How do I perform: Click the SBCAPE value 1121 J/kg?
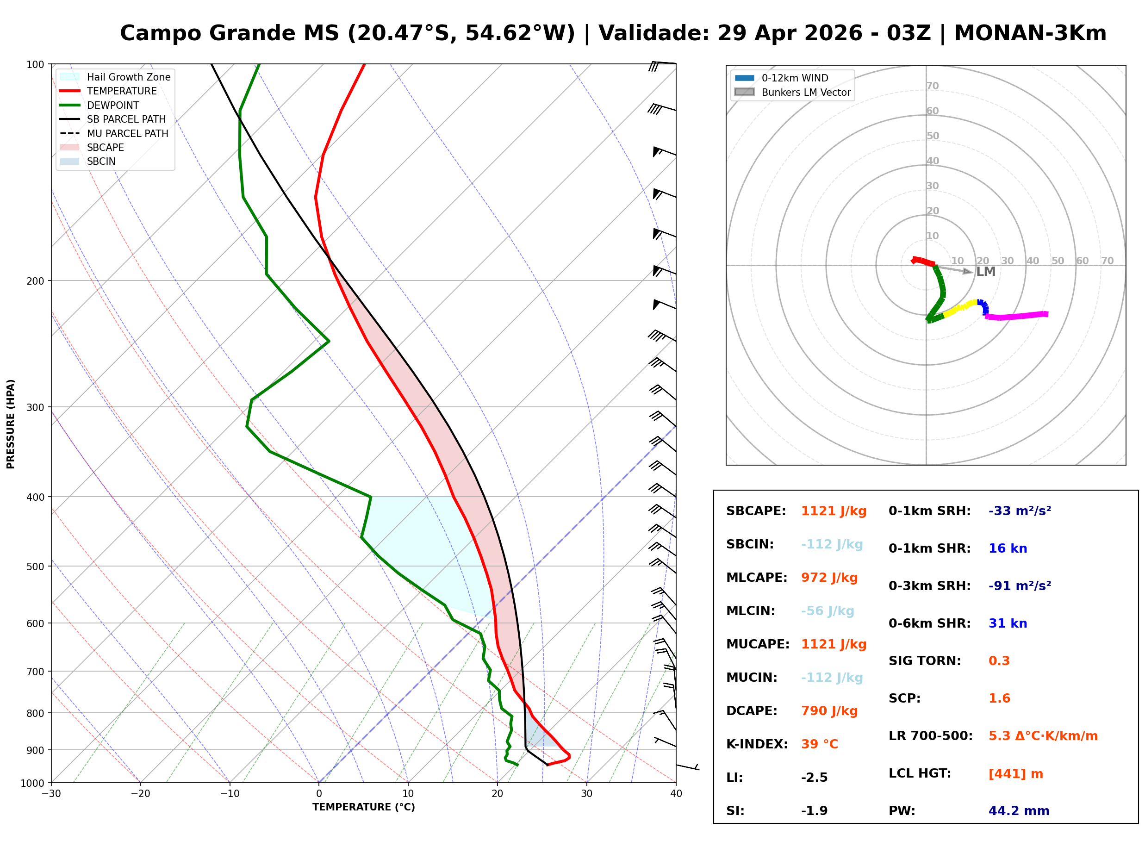point(834,511)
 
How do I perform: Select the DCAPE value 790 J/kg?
point(829,711)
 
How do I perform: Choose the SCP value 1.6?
point(999,699)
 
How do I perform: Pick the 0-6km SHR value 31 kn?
point(1007,624)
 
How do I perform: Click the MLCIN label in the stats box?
point(750,611)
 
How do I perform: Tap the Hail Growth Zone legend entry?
point(128,77)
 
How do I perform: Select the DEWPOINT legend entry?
point(113,105)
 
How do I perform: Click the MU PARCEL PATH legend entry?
point(127,133)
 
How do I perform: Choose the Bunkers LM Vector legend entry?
point(806,92)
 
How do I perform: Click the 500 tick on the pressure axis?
point(35,567)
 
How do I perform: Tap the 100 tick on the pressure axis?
point(35,65)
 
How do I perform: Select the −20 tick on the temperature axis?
point(140,794)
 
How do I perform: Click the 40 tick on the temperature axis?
point(676,794)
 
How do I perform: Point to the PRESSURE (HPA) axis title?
point(11,424)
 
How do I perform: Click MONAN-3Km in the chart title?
point(1030,33)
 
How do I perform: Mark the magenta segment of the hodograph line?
point(1017,316)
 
